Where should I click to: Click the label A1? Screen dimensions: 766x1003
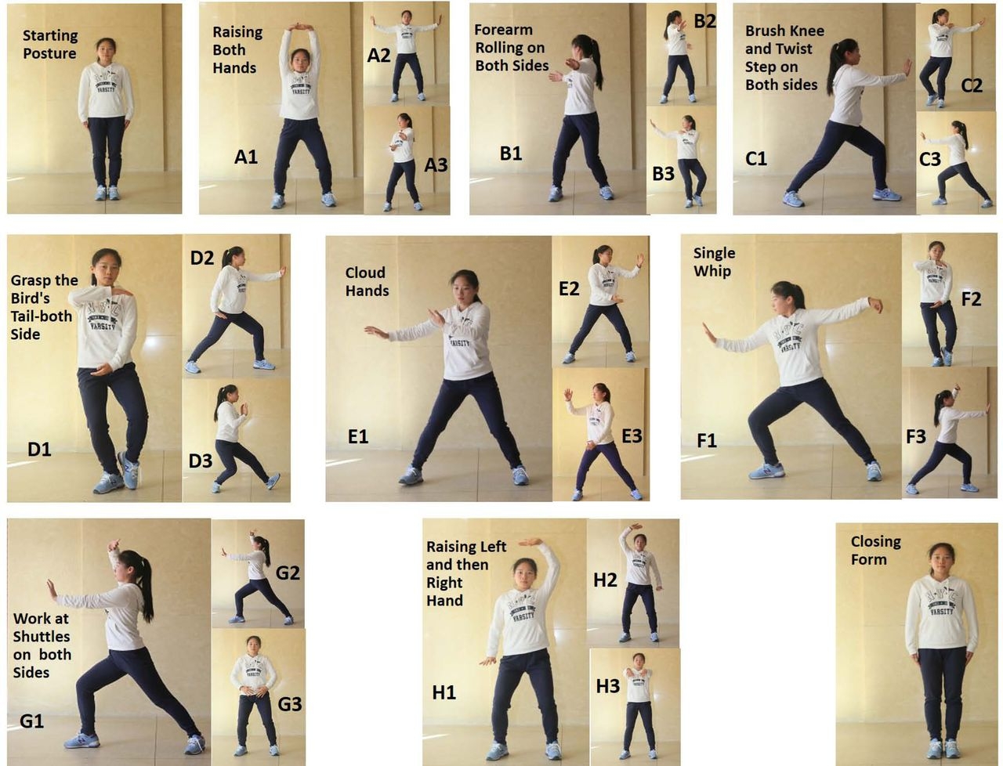coord(246,157)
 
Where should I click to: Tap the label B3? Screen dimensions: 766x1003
coord(663,174)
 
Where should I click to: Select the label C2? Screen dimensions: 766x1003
coord(971,85)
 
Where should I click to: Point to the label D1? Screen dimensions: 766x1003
coord(39,449)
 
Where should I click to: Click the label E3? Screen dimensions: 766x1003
coord(632,436)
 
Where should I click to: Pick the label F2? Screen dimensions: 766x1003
coord(971,298)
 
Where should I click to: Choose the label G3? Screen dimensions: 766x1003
coord(289,704)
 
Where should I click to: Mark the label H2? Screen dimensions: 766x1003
coord(605,580)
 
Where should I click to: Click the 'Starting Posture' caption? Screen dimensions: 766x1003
coord(49,45)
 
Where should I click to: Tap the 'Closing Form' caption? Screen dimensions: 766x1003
coord(875,550)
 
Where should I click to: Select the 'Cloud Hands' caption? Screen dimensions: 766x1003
coord(367,281)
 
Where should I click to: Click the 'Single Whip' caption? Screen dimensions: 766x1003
coord(713,262)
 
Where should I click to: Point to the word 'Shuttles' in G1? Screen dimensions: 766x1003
coord(41,637)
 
